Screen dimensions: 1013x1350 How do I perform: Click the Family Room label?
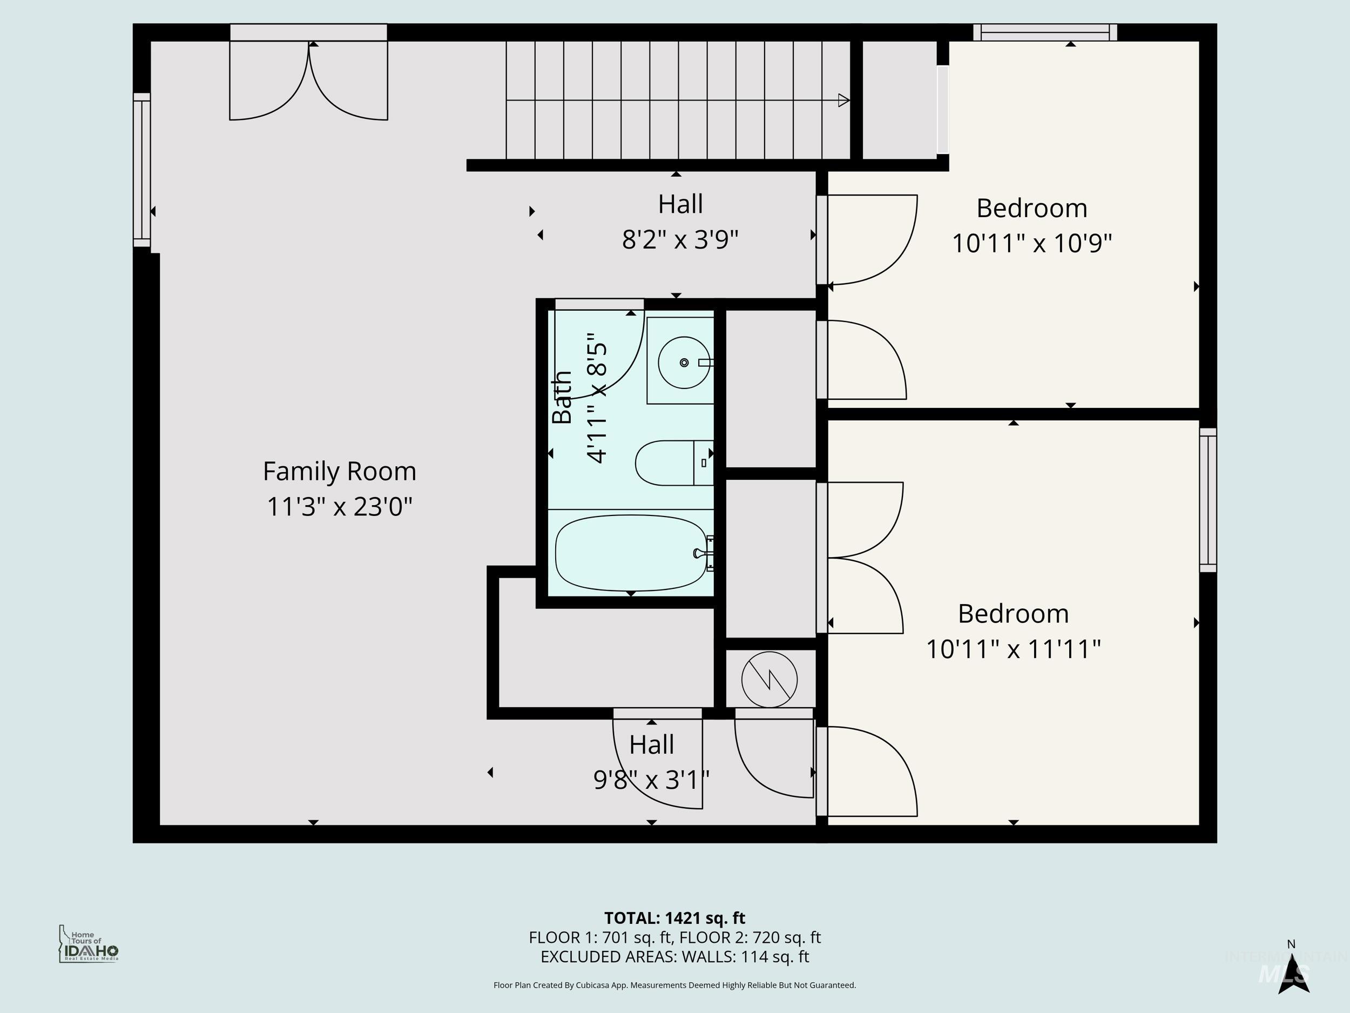(x=339, y=472)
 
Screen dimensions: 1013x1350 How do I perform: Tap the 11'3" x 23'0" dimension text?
(x=339, y=507)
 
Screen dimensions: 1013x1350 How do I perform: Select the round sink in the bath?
(x=684, y=363)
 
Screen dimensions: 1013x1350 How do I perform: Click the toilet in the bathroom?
(x=671, y=463)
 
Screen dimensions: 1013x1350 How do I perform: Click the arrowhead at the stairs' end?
(x=843, y=100)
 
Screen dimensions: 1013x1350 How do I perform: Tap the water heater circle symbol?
(x=769, y=680)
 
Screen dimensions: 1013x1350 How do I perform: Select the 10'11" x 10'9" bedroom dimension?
(x=1031, y=244)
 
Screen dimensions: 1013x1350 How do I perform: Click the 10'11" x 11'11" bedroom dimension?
(x=1013, y=649)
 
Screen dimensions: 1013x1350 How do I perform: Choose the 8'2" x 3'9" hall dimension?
(x=680, y=239)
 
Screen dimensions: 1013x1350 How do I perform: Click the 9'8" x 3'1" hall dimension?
(x=651, y=780)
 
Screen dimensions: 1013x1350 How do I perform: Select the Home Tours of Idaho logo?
(x=89, y=944)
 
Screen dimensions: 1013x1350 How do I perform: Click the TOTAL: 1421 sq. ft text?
(x=674, y=918)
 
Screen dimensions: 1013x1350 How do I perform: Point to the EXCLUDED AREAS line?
(x=674, y=957)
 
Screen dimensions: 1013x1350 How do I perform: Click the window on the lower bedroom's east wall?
(x=1208, y=500)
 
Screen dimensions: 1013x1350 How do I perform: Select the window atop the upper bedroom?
(x=1045, y=32)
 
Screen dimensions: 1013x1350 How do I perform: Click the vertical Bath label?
(x=562, y=397)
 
